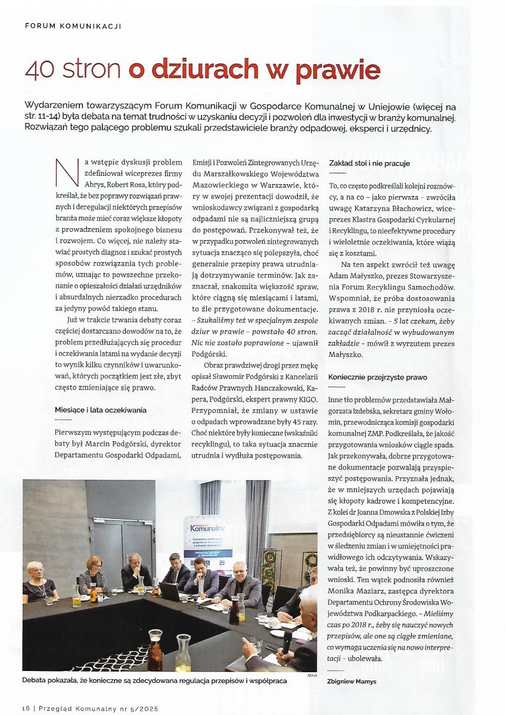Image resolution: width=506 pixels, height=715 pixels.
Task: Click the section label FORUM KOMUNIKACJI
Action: pyautogui.click(x=73, y=26)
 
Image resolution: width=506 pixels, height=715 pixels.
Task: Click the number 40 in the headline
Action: pyautogui.click(x=39, y=70)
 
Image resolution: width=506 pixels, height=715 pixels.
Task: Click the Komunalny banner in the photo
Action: pyautogui.click(x=208, y=528)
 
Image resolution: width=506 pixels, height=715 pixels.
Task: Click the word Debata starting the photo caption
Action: pyautogui.click(x=38, y=680)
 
